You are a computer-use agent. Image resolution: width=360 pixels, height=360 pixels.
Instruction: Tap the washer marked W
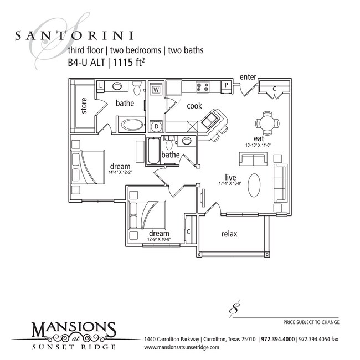pyautogui.click(x=156, y=89)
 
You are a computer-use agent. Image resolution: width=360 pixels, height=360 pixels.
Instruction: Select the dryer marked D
pyautogui.click(x=157, y=126)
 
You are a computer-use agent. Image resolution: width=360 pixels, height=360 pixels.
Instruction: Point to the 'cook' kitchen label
pyautogui.click(x=194, y=106)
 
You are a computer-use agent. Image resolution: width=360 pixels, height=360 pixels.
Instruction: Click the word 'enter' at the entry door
pyautogui.click(x=248, y=76)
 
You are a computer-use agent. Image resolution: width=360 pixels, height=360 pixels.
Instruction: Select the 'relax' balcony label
pyautogui.click(x=229, y=234)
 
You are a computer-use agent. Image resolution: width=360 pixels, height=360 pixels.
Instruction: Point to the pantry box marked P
pyautogui.click(x=227, y=85)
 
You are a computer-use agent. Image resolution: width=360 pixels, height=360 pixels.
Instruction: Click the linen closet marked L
pyautogui.click(x=101, y=86)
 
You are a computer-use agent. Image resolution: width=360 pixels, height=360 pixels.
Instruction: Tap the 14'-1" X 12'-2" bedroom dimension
pyautogui.click(x=120, y=172)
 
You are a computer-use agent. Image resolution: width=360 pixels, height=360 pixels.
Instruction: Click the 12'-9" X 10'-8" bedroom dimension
pyautogui.click(x=159, y=239)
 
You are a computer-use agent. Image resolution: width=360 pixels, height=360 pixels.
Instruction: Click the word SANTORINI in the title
pyautogui.click(x=73, y=35)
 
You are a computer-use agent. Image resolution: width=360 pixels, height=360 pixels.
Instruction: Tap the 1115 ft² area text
pyautogui.click(x=132, y=62)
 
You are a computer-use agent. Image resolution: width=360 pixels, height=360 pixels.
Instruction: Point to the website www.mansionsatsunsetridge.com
pyautogui.click(x=182, y=347)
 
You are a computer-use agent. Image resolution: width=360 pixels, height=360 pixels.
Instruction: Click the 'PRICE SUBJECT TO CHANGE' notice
pyautogui.click(x=311, y=322)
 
